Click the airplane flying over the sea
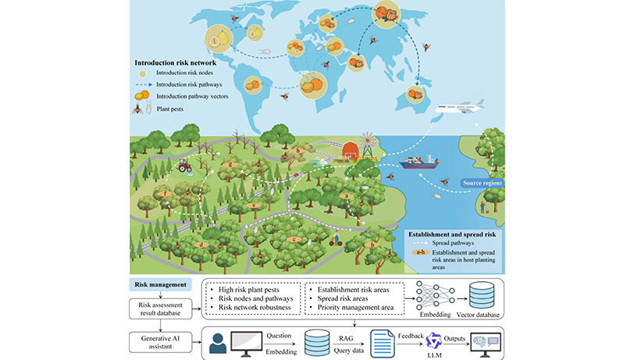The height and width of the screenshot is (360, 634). click(460, 106)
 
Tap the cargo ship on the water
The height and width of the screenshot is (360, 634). click(419, 162)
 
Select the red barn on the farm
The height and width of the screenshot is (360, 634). click(350, 150)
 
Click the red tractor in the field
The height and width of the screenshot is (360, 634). click(185, 166)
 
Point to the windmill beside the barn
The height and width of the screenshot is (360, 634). click(367, 144)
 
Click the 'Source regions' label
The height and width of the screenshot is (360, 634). click(482, 183)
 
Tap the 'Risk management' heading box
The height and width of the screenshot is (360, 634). click(160, 284)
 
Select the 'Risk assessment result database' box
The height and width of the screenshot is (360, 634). click(160, 308)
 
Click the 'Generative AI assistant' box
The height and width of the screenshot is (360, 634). click(160, 342)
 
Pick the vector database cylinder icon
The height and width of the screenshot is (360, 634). click(481, 295)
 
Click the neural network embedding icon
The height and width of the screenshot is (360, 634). click(435, 295)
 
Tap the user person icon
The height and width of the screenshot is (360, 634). click(218, 344)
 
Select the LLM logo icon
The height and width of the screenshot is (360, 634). click(434, 341)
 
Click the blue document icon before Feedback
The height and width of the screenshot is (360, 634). click(382, 344)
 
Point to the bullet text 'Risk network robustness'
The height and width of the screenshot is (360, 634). click(255, 308)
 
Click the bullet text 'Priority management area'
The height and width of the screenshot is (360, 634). click(355, 308)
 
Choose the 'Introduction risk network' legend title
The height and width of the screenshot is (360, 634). click(176, 62)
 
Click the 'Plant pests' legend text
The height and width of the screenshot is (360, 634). click(170, 109)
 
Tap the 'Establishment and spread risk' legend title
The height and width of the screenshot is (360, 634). click(452, 234)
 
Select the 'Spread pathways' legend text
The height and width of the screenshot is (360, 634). click(453, 243)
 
